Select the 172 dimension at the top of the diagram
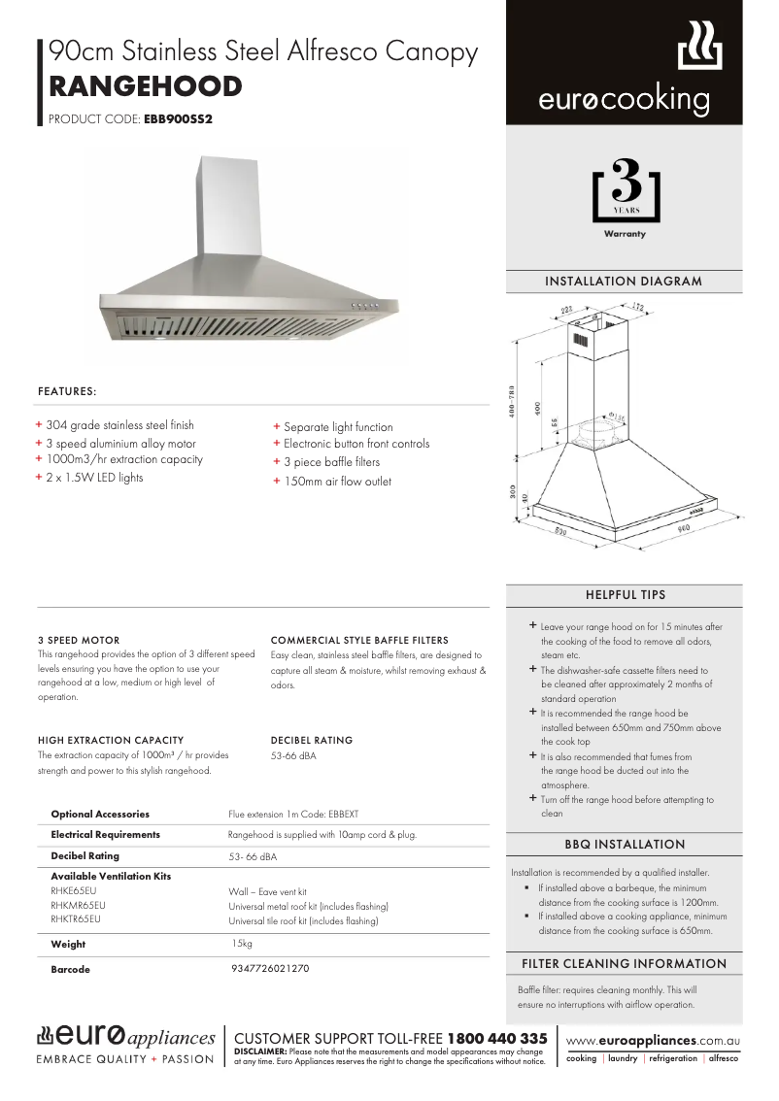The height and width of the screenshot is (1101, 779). pos(636,308)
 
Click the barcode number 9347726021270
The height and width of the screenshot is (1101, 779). pos(271,969)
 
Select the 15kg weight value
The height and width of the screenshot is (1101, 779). pos(242,944)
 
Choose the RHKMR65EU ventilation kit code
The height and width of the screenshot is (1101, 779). pos(78,905)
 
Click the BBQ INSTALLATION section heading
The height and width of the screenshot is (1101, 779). pos(624,845)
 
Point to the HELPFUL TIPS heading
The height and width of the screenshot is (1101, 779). pos(625,594)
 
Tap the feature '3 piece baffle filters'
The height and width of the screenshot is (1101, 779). pos(331,462)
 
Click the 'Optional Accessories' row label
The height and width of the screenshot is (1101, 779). pos(100,814)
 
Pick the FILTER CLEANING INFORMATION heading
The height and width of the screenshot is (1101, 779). pos(624,964)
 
